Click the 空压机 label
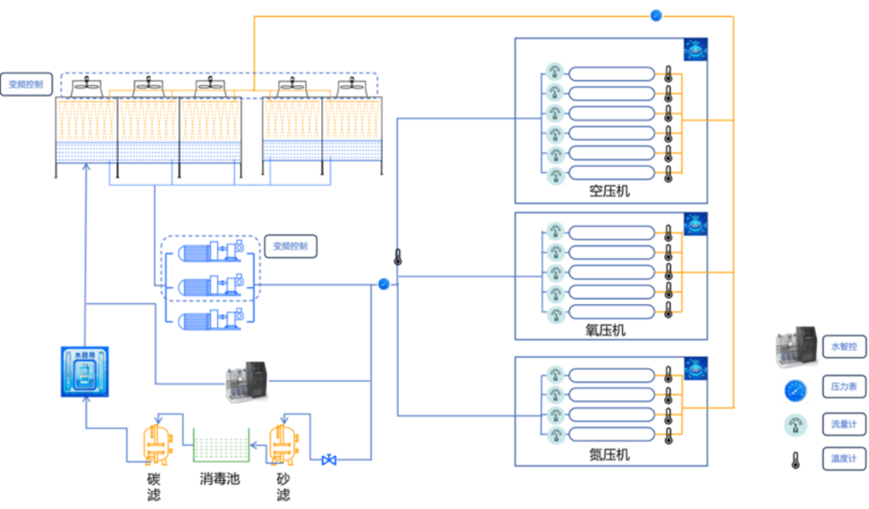pos(609,191)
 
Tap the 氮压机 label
pos(609,455)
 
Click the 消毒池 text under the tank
pos(220,479)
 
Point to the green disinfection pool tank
pos(220,445)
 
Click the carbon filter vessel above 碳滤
pos(154,443)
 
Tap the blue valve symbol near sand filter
pos(328,461)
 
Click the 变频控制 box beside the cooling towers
pos(31,84)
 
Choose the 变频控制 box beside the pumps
pos(294,246)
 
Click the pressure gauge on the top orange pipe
pos(656,15)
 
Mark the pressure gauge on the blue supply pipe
pos(384,284)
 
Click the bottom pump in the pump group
pos(212,319)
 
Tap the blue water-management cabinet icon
pos(84,371)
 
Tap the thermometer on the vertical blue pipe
pos(397,257)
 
